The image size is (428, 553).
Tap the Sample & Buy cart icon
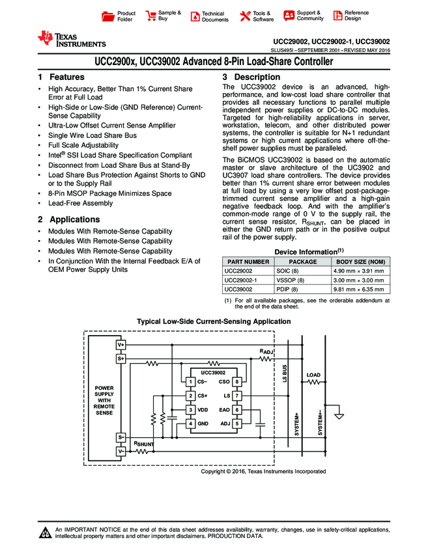[x=150, y=16]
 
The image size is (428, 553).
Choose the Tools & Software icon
[x=245, y=16]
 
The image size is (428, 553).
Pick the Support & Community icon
[x=289, y=16]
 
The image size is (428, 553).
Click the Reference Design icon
[x=337, y=16]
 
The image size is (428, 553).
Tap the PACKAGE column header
[x=302, y=261]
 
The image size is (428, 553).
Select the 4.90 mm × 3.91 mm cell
[x=358, y=270]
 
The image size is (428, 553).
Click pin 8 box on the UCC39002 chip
[x=237, y=381]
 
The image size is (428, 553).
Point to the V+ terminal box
[x=121, y=344]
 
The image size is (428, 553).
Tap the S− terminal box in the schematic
[x=121, y=437]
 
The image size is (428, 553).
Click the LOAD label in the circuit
[x=314, y=375]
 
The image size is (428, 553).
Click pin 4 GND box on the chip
[x=190, y=424]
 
